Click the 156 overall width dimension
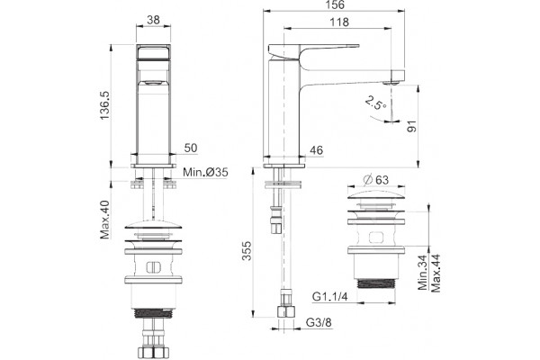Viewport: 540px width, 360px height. pos(335,4)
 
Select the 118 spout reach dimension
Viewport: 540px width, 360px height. pos(339,22)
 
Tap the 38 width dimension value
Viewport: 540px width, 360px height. pos(153,20)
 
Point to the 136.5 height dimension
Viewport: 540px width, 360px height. pos(104,105)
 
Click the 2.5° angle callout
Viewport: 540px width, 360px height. pos(375,103)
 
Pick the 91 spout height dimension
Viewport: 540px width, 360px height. pos(411,126)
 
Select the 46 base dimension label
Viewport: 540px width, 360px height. pos(316,150)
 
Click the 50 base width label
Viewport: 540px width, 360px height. pos(191,148)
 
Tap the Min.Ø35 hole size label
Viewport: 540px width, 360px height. pos(205,172)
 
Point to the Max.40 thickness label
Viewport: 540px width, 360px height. pos(104,220)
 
